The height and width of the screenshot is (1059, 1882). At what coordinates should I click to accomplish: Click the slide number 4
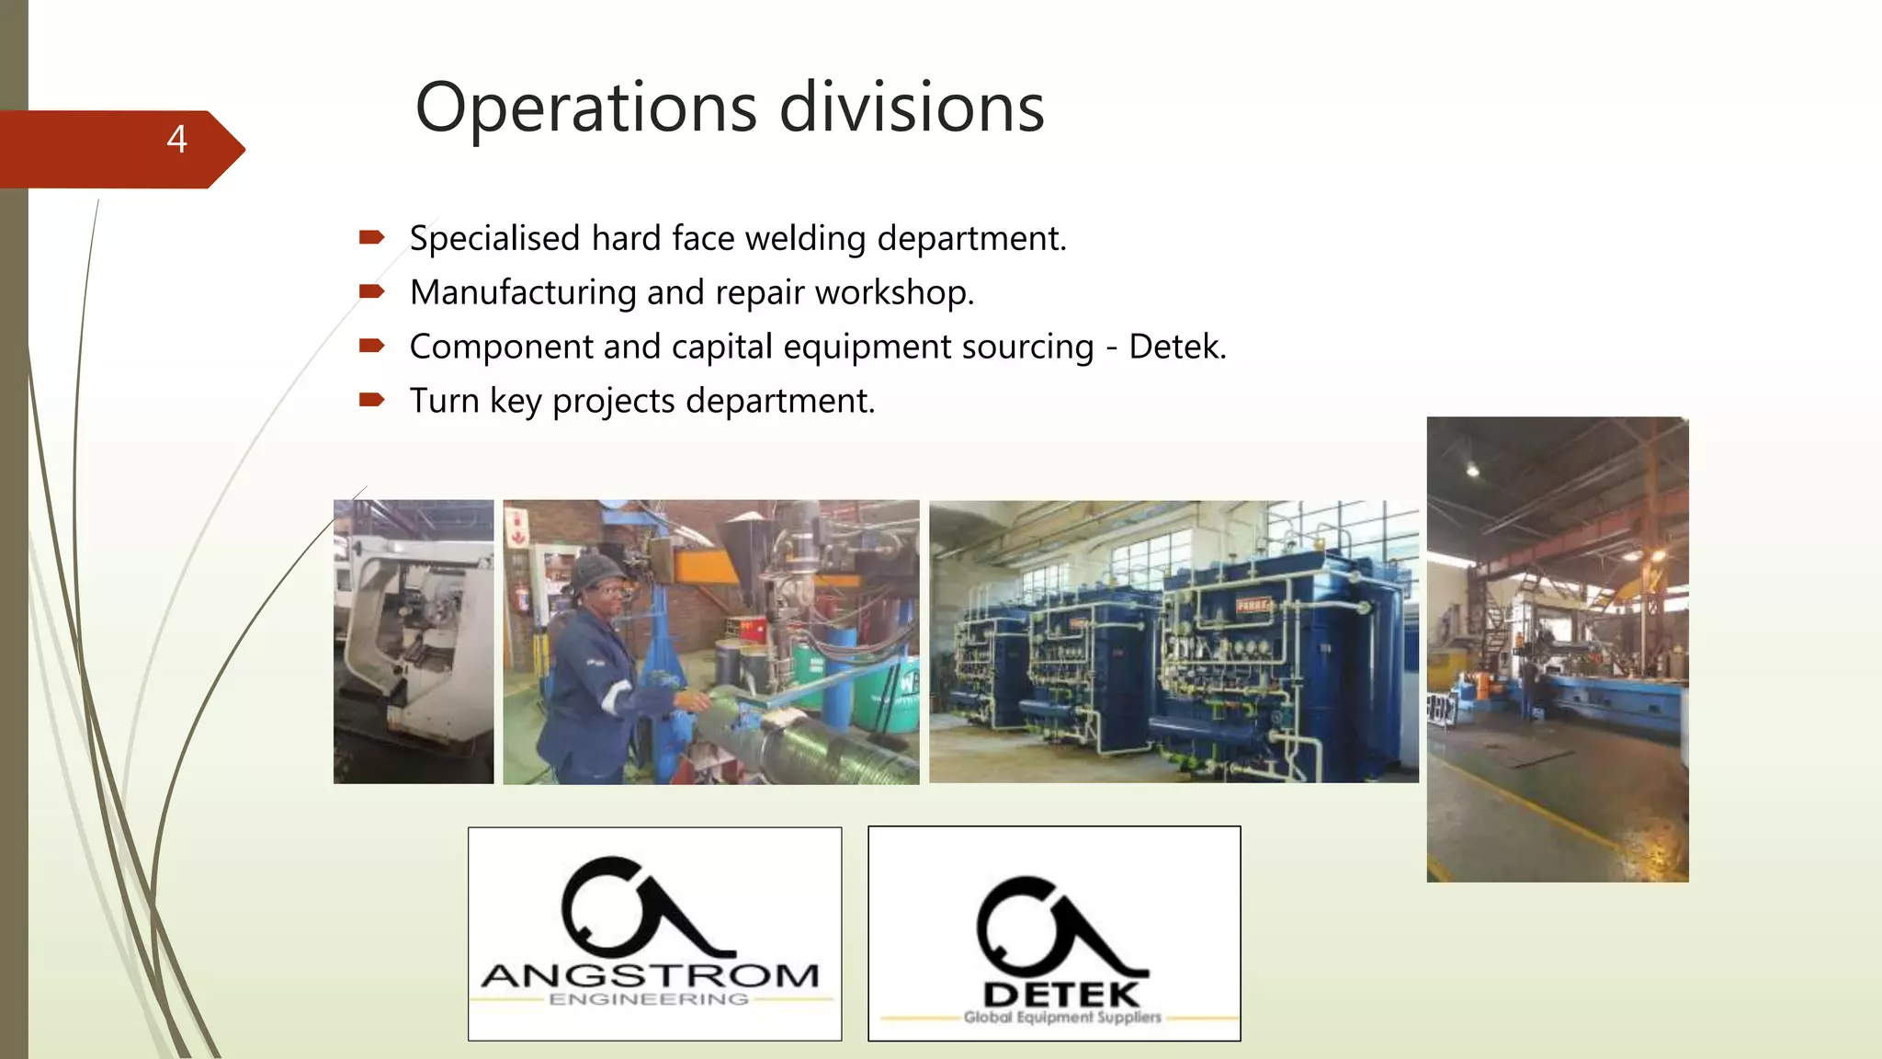click(x=177, y=140)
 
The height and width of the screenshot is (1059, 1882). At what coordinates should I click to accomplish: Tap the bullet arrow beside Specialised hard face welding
click(x=371, y=238)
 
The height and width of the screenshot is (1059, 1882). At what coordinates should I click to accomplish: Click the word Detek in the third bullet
click(x=1176, y=347)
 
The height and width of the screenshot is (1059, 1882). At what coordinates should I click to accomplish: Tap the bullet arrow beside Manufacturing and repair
click(x=371, y=292)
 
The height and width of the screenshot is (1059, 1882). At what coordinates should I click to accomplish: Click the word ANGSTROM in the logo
click(x=651, y=975)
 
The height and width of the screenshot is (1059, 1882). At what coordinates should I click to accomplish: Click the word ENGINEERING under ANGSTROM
click(x=649, y=999)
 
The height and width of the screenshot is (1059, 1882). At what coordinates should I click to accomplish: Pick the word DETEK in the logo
click(x=1061, y=995)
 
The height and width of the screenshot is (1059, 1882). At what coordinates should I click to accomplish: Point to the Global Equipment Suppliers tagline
click(x=1062, y=1018)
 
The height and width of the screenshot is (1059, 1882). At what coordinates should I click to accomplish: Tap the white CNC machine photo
click(x=414, y=642)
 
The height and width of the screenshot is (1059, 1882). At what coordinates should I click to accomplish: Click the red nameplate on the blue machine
click(x=1252, y=606)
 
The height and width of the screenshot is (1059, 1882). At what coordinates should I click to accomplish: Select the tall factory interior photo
click(x=1557, y=649)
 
